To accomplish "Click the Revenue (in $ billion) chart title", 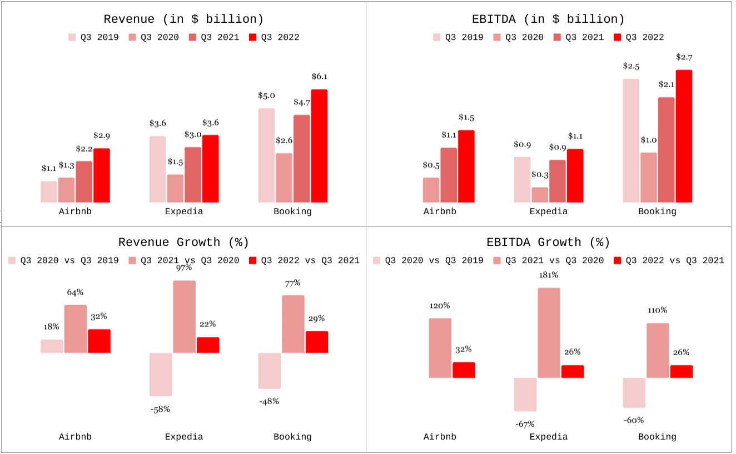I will point(183,19).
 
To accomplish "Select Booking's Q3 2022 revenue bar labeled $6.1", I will point(319,146).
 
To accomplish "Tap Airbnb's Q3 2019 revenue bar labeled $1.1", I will point(49,192).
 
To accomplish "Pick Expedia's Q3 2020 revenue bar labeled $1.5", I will point(175,189).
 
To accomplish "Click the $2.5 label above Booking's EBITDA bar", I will point(631,67).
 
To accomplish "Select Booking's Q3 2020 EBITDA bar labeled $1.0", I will point(649,178).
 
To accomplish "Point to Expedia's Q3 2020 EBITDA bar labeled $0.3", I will point(540,195).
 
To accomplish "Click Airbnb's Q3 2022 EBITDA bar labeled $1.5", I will point(466,167).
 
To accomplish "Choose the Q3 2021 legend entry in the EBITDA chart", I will point(579,38).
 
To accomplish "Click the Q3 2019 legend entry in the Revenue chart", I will point(93,38).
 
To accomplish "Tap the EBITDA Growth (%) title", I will point(548,243).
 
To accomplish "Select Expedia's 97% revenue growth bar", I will point(185,316).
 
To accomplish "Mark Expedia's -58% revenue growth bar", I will point(161,375).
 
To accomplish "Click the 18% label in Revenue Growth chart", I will point(51,327).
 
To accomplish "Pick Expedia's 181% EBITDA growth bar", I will point(549,333).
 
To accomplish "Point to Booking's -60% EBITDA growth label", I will point(634,421).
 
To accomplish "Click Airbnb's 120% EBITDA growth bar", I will point(440,348).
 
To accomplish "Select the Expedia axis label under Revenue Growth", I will point(184,437).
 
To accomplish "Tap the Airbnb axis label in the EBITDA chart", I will point(440,211).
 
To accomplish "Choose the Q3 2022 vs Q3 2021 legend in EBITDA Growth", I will point(669,260).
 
